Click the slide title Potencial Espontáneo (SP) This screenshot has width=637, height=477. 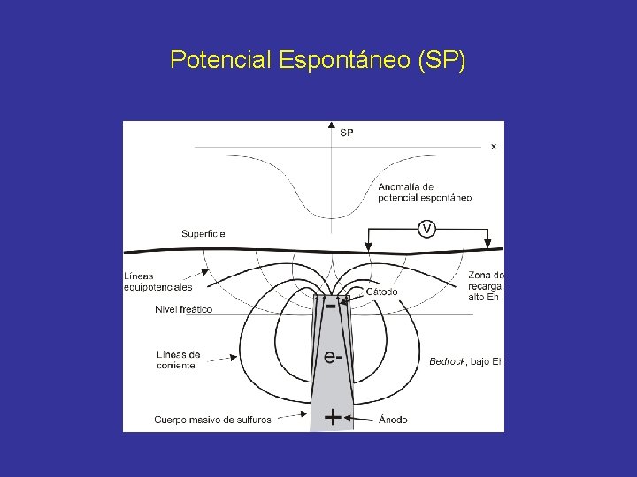(318, 60)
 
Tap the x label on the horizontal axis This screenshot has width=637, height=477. (494, 147)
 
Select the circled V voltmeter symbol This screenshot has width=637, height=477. (426, 229)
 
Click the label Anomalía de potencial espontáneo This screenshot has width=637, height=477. (424, 193)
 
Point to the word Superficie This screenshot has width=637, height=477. (203, 233)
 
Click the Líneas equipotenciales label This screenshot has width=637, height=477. (157, 281)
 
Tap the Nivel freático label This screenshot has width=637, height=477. (183, 309)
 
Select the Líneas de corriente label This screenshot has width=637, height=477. (177, 360)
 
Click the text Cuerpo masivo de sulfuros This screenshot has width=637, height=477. (212, 420)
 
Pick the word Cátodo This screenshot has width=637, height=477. (381, 291)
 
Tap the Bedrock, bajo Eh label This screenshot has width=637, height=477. (466, 360)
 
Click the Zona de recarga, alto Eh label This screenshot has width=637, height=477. (486, 285)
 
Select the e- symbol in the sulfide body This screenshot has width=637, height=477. (333, 357)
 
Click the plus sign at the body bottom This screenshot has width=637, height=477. (332, 417)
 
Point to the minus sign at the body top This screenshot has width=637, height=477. (331, 307)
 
